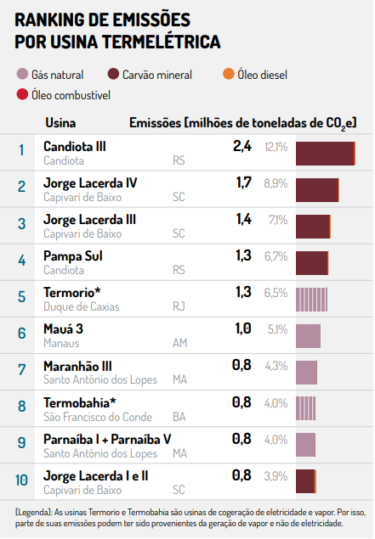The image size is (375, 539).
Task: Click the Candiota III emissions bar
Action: coord(326,154)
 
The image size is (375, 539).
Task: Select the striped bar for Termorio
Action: coord(311,300)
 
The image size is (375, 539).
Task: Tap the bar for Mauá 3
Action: coord(308,336)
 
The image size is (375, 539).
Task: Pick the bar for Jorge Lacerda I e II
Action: coord(306,481)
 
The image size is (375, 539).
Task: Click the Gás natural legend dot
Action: coord(22,74)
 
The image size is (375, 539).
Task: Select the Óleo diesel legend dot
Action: coord(228,74)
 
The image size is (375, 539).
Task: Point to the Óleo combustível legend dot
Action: coord(22,94)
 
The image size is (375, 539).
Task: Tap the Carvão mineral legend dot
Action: coord(113,74)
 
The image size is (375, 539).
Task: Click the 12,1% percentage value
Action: coord(276,147)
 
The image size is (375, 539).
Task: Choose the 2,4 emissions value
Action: coord(242,146)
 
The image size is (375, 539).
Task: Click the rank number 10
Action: coord(21,480)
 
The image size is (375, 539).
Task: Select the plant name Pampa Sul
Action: coord(73,256)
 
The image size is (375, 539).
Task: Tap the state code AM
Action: coord(179,343)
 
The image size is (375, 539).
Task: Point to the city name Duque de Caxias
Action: coord(82,306)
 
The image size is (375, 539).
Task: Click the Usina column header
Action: coord(60,123)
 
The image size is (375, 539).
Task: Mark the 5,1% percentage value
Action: coord(277,329)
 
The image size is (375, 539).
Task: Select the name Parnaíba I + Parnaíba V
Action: coord(107,440)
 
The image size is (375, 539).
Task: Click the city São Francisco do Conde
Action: coord(98,417)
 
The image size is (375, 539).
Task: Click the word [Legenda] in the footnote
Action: coord(33,513)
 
